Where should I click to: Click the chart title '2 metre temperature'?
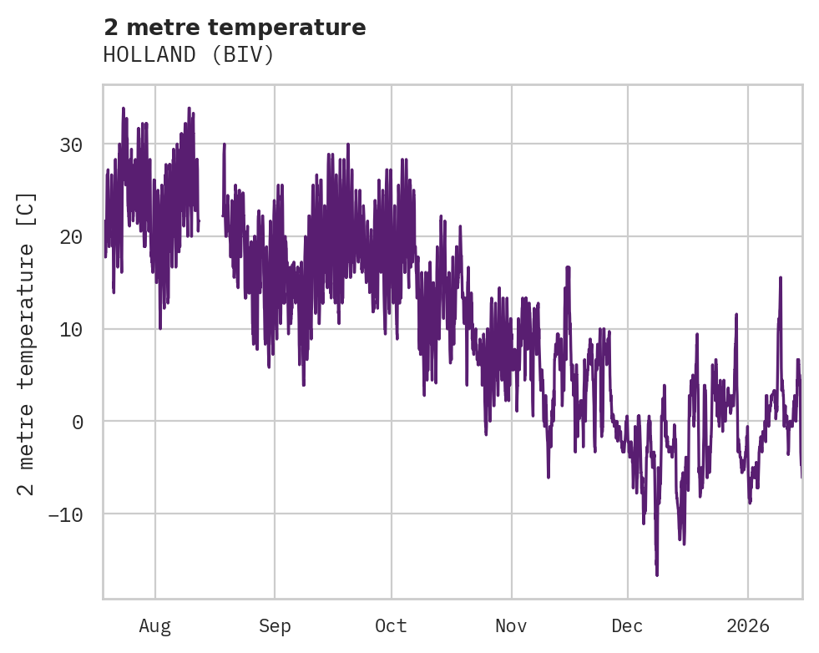[235, 28]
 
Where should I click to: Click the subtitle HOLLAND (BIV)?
[189, 55]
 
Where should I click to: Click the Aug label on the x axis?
[155, 626]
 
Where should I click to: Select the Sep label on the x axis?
[274, 626]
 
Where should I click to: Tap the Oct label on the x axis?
[391, 626]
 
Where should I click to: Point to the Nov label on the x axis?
[511, 626]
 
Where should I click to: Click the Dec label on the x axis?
[628, 626]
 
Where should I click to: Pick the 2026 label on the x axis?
[748, 626]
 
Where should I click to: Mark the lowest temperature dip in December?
[657, 575]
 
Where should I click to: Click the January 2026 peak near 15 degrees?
[781, 278]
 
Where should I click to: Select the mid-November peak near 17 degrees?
[568, 268]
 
